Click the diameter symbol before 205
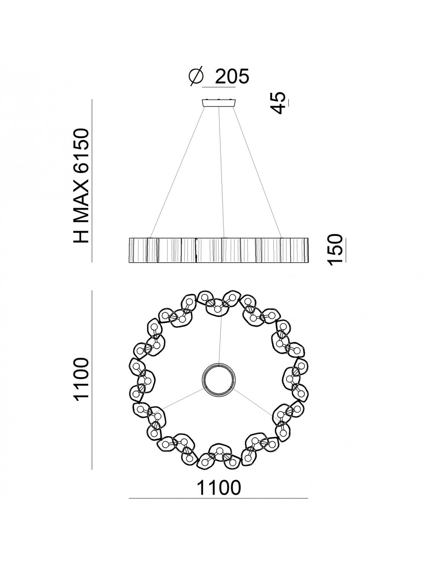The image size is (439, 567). [196, 77]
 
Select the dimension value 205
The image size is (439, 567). [232, 77]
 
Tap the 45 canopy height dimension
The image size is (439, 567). [279, 102]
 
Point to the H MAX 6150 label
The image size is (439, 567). [81, 186]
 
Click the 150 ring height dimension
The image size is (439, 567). [335, 250]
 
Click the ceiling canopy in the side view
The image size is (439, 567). [219, 102]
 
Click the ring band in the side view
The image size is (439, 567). [219, 250]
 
